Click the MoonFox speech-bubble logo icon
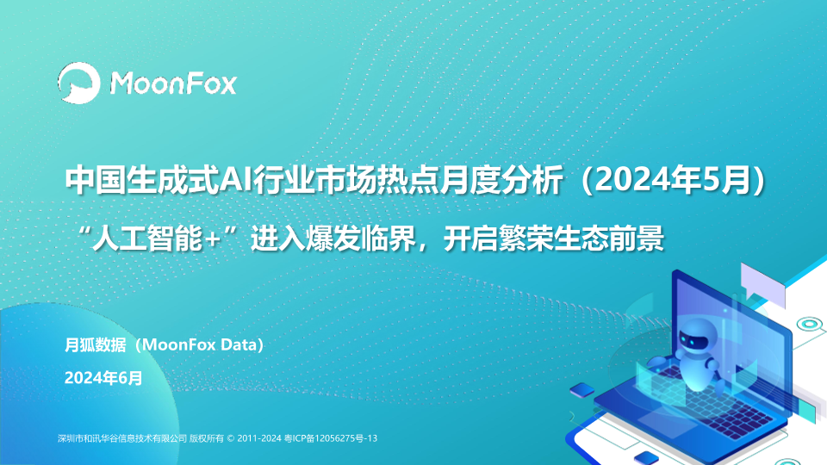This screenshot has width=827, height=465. point(79,83)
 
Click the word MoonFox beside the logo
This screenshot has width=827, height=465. point(173,84)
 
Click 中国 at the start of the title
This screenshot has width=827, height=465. point(96,180)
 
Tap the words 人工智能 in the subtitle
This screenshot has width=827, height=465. point(147,239)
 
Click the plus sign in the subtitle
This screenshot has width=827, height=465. point(212,240)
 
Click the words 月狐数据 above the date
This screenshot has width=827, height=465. point(95,344)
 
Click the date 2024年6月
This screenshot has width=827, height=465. point(103,378)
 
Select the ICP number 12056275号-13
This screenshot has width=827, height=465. point(346,438)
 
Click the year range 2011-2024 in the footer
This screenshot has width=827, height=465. point(259,438)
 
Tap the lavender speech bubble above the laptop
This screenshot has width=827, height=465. point(762,284)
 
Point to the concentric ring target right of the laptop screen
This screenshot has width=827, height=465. point(809,324)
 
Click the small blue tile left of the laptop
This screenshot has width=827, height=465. point(582,390)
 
